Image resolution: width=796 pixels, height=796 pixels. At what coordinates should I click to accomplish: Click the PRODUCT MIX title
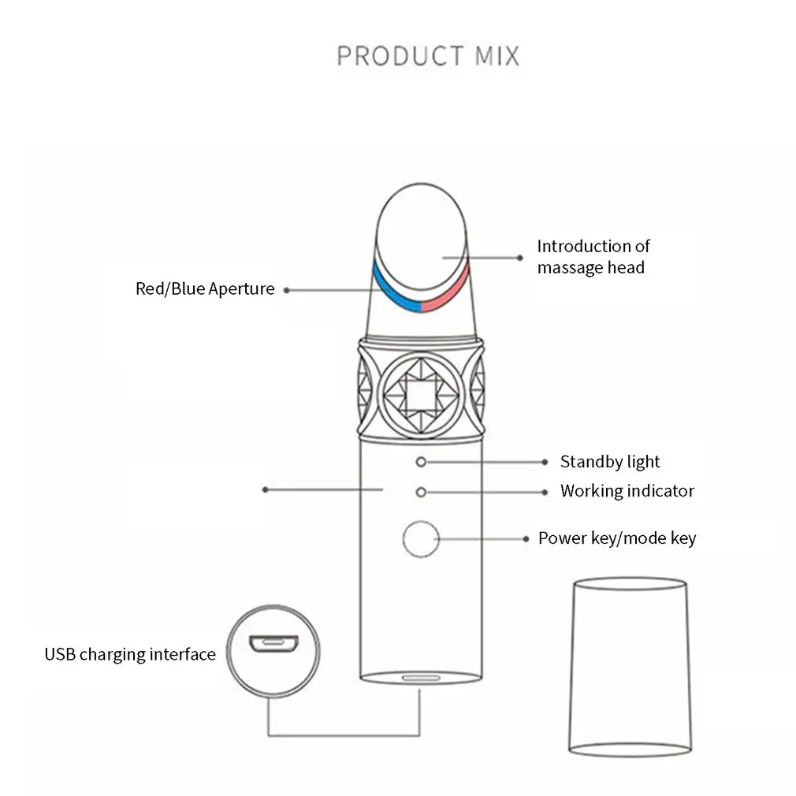coord(428,56)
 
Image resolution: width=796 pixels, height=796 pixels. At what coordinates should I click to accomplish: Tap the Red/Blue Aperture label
coord(205,289)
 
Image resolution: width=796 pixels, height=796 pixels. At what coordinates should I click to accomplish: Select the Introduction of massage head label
coord(593,257)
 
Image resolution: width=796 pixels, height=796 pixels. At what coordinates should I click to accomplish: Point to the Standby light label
coord(610,462)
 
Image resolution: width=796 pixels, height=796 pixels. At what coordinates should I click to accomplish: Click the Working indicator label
coord(627,491)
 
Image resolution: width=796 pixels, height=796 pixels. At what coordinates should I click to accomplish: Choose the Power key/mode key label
coord(617,538)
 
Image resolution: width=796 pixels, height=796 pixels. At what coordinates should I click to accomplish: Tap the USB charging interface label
coord(130,654)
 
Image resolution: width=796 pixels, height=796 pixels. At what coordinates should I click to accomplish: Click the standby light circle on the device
coord(421,462)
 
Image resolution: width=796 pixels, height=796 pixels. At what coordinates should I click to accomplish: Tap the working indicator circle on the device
coord(421,492)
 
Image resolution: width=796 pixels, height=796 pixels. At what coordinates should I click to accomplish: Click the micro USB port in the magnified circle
coord(273,643)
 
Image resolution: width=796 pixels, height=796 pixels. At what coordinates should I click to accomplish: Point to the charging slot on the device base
coord(421,678)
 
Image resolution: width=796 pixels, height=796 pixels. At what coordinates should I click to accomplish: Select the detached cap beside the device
coord(630,667)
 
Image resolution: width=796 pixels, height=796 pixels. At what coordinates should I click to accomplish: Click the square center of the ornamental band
coord(421,394)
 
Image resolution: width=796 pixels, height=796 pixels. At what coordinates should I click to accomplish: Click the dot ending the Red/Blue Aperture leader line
coord(287,290)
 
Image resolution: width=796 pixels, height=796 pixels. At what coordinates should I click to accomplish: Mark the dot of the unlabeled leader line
coord(265,490)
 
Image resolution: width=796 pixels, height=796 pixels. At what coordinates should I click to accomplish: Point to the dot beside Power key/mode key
coord(526,538)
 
